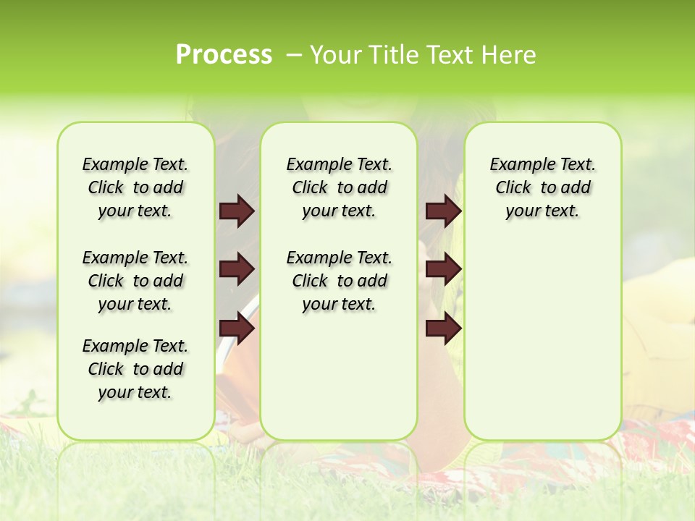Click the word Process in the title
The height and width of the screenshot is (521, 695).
(224, 55)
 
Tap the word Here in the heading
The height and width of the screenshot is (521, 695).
(508, 55)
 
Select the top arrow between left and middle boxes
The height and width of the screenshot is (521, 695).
(237, 211)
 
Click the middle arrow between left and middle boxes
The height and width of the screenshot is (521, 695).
(237, 270)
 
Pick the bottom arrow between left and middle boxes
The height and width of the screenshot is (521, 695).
(237, 329)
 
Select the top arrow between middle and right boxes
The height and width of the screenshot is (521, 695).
(443, 211)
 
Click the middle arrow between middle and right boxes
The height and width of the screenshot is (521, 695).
(443, 270)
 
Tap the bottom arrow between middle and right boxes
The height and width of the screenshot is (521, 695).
(443, 329)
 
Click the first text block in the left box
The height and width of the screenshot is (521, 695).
(135, 187)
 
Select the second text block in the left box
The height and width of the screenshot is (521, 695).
(135, 281)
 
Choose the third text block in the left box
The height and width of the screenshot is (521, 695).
(135, 369)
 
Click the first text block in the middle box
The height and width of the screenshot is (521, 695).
(339, 187)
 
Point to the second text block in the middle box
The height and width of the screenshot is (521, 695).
(339, 281)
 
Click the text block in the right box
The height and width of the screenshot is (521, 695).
(542, 187)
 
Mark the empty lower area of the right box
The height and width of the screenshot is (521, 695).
(542, 340)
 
